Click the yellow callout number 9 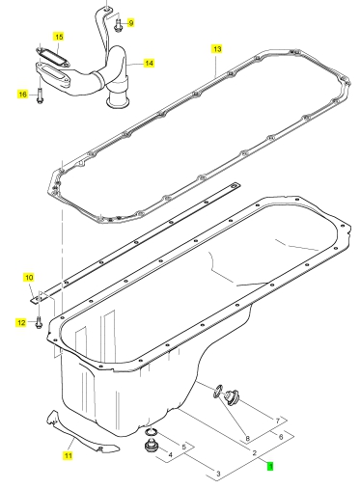pyautogui.click(x=130, y=23)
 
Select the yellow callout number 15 pyautogui.click(x=59, y=37)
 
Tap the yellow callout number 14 pyautogui.click(x=149, y=63)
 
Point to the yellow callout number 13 pyautogui.click(x=217, y=49)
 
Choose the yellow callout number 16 pyautogui.click(x=22, y=95)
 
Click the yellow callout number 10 pyautogui.click(x=29, y=278)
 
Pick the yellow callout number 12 pyautogui.click(x=21, y=322)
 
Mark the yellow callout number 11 pyautogui.click(x=68, y=455)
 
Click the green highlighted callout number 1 pyautogui.click(x=270, y=466)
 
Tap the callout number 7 pyautogui.click(x=278, y=421)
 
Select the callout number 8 pyautogui.click(x=247, y=438)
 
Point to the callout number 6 pyautogui.click(x=281, y=437)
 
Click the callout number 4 pyautogui.click(x=171, y=455)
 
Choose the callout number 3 pyautogui.click(x=218, y=474)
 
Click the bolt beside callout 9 pyautogui.click(x=118, y=25)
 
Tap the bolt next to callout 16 pyautogui.click(x=40, y=95)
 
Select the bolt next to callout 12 pyautogui.click(x=39, y=322)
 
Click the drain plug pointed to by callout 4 pyautogui.click(x=150, y=446)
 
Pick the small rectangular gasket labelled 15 pyautogui.click(x=52, y=57)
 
